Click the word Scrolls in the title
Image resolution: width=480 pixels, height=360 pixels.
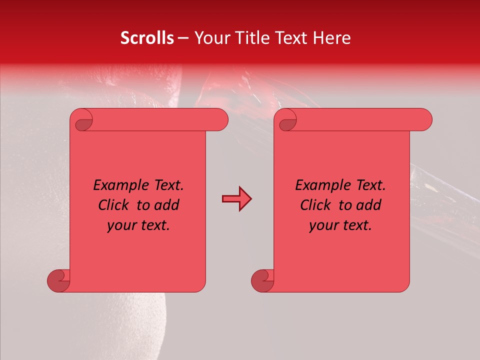click(x=147, y=38)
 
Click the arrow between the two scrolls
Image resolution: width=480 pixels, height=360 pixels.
click(x=236, y=198)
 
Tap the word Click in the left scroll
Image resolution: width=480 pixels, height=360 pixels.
click(x=115, y=205)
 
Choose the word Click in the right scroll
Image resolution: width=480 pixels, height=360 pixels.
click(x=317, y=205)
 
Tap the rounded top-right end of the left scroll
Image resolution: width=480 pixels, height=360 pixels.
click(x=220, y=120)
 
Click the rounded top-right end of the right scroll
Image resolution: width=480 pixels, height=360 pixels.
click(x=424, y=120)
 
